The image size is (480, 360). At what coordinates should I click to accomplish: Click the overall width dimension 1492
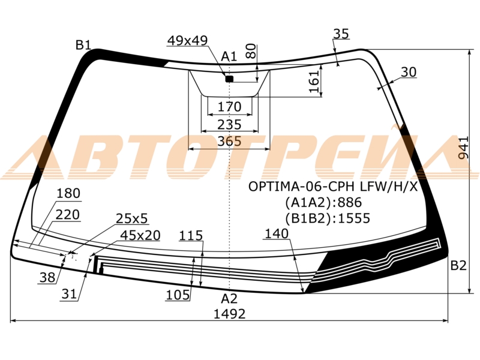[x=229, y=314]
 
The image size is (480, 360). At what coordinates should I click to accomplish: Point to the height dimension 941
[x=464, y=148]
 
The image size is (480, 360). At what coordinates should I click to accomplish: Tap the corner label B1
[x=83, y=45]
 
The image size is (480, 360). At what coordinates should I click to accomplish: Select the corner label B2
[x=458, y=265]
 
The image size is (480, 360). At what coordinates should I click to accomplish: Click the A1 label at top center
[x=229, y=56]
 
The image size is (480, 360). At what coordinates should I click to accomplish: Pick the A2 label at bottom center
[x=229, y=298]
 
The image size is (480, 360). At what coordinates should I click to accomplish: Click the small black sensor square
[x=229, y=79]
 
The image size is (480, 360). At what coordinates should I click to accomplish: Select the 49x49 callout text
[x=187, y=40]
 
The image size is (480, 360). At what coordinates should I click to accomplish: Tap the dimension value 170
[x=229, y=107]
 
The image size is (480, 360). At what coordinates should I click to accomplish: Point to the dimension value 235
[x=229, y=125]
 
